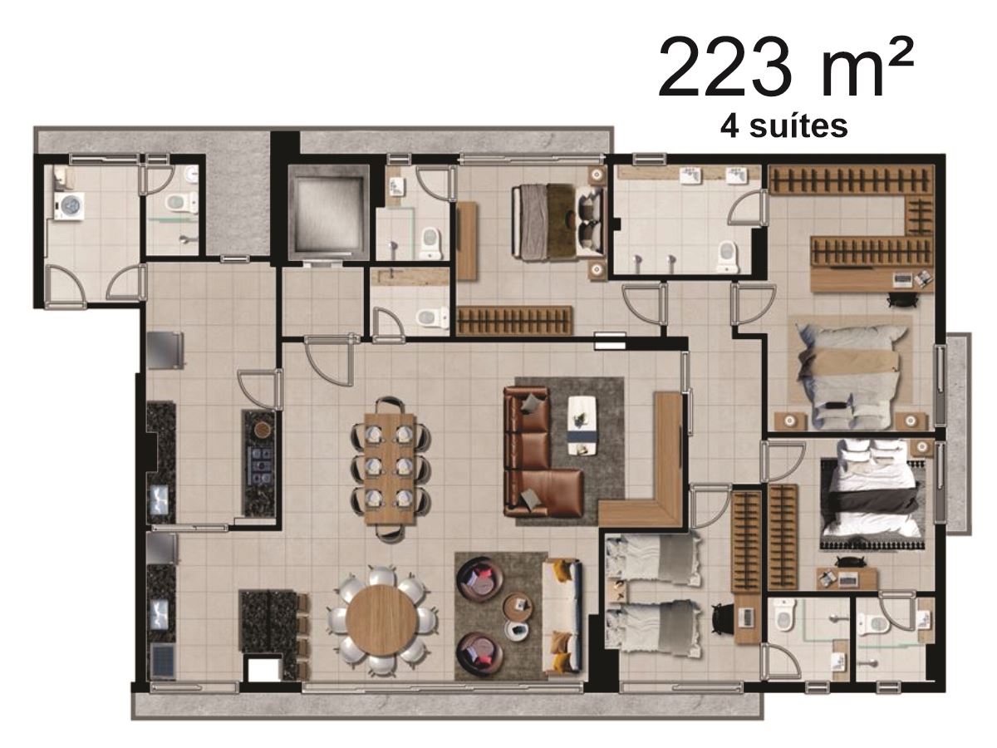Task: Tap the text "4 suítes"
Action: [x=784, y=127]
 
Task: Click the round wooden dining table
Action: [x=381, y=621]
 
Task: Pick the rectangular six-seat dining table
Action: [x=390, y=468]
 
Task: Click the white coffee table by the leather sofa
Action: [x=582, y=425]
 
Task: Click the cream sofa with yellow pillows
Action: [x=562, y=616]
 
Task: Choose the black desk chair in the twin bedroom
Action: [x=722, y=618]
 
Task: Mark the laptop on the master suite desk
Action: [x=903, y=279]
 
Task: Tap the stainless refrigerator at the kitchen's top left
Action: [x=165, y=350]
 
